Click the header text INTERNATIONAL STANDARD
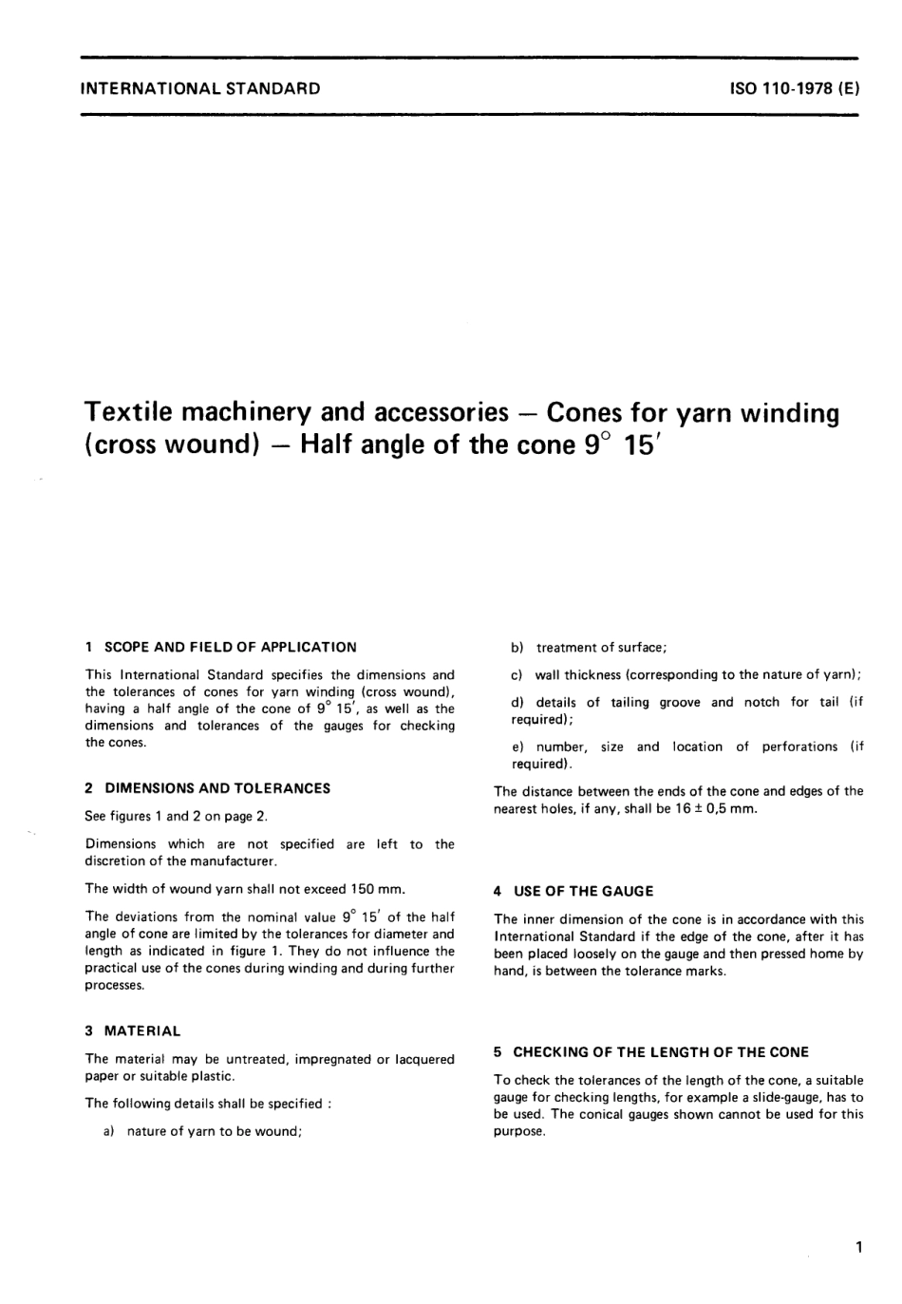point(201,89)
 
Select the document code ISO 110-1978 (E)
point(794,89)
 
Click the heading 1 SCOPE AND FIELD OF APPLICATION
point(220,647)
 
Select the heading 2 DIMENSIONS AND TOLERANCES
point(207,787)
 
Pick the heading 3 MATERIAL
point(132,1030)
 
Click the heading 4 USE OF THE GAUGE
point(573,891)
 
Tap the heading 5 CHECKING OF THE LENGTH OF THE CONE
point(650,1052)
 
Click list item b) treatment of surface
point(589,648)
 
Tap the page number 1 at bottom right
point(857,1247)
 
